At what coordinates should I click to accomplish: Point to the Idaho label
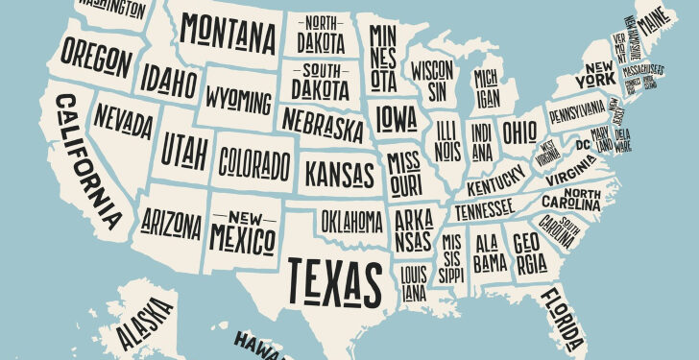tap(166, 77)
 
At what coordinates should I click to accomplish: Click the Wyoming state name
tap(238, 99)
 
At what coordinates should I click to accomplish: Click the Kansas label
tap(339, 174)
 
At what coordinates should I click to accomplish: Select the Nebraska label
tap(323, 123)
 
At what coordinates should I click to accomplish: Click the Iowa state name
tap(396, 118)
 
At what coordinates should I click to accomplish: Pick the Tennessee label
tap(484, 207)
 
